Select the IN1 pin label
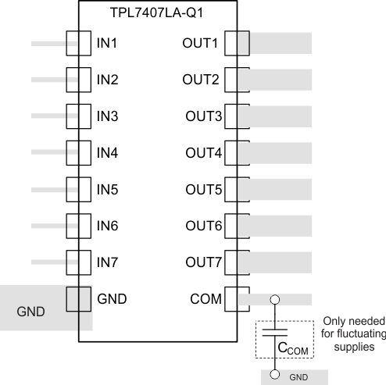[x=107, y=43]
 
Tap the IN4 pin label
[x=107, y=152]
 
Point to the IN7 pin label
[x=107, y=262]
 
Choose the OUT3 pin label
[x=202, y=116]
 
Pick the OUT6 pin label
[x=202, y=226]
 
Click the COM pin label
[x=206, y=298]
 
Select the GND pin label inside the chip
[x=112, y=298]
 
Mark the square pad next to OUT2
[x=235, y=80]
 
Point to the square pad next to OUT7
[x=235, y=262]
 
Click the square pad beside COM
[x=235, y=298]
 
